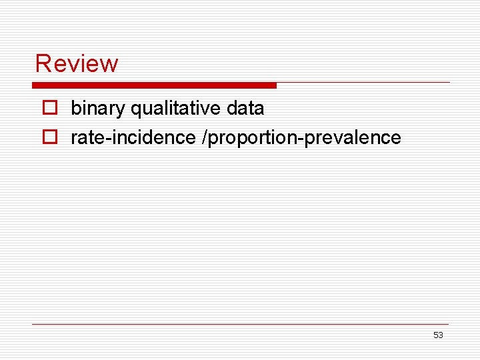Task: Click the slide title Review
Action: point(77,63)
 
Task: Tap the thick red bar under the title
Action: point(154,85)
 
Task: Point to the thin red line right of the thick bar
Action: point(363,83)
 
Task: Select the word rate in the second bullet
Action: point(85,138)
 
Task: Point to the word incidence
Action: point(147,138)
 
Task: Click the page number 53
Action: point(438,335)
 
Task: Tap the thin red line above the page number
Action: point(240,325)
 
